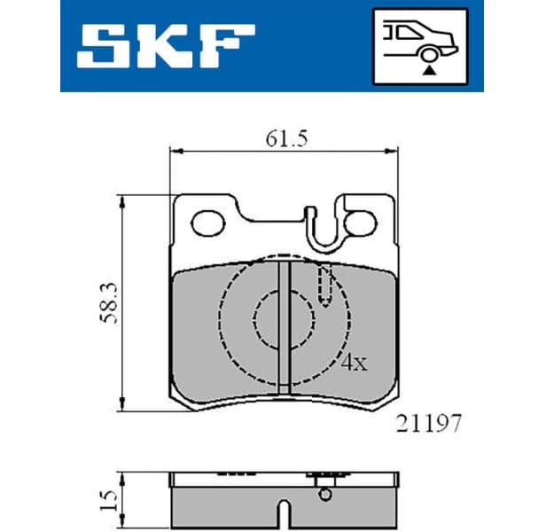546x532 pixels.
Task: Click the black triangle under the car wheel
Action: [429, 71]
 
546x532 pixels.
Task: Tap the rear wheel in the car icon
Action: [429, 55]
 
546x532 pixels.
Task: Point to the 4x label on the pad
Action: [354, 363]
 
